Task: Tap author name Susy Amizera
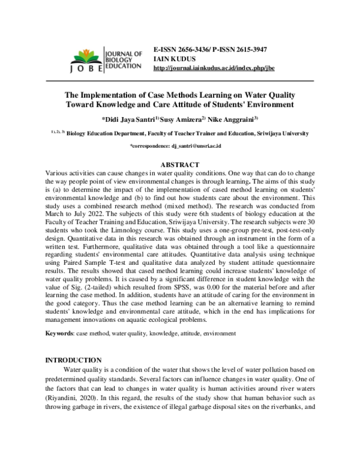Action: (x=181, y=118)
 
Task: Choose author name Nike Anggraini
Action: (x=232, y=118)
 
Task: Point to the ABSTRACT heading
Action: (x=180, y=164)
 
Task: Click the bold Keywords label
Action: (x=60, y=333)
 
